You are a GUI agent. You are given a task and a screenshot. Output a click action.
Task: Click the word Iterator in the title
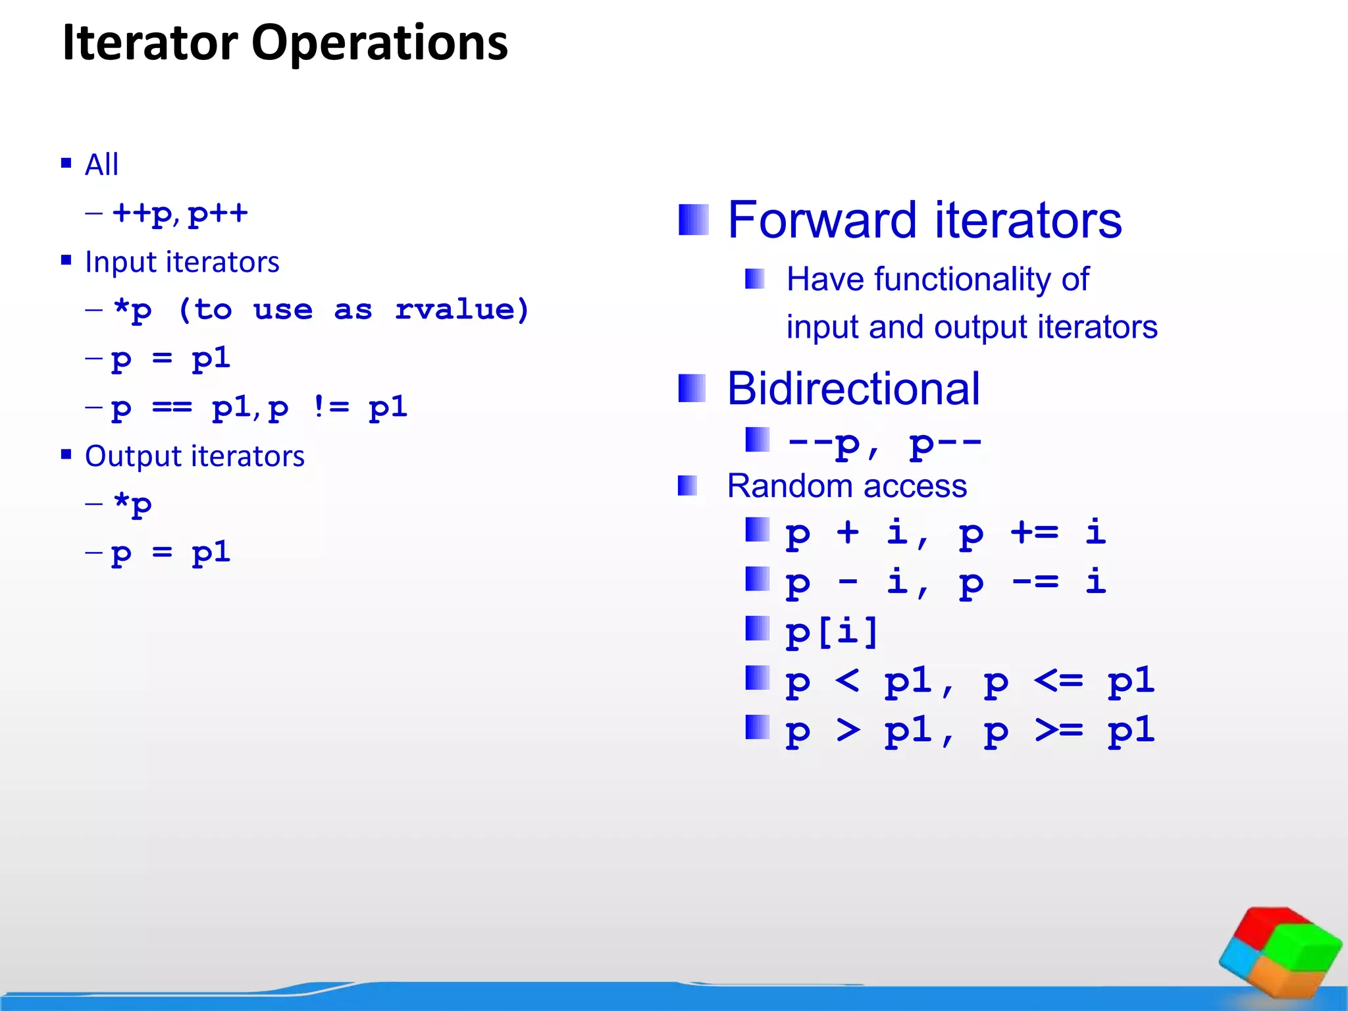(149, 43)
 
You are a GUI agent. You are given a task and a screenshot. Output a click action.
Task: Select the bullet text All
(101, 165)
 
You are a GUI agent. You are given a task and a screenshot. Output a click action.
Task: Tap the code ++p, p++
(180, 213)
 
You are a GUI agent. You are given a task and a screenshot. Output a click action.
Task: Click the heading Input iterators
(182, 262)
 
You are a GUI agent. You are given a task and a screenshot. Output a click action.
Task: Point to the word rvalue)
(462, 309)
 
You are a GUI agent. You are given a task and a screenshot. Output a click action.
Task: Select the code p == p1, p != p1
(259, 408)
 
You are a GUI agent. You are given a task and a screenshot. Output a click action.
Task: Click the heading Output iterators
(194, 456)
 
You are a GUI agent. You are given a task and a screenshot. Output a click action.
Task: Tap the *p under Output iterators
(132, 505)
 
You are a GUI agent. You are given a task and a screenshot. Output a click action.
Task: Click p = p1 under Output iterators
(170, 553)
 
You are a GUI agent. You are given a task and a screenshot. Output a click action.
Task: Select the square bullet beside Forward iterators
(693, 220)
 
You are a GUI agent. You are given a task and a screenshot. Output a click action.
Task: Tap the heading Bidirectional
(853, 388)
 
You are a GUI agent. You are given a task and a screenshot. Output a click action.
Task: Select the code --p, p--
(884, 443)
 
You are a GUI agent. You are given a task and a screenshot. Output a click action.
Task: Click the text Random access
(846, 486)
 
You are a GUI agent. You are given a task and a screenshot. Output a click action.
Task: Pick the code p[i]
(832, 632)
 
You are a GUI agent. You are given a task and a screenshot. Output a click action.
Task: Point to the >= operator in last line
(1058, 730)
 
